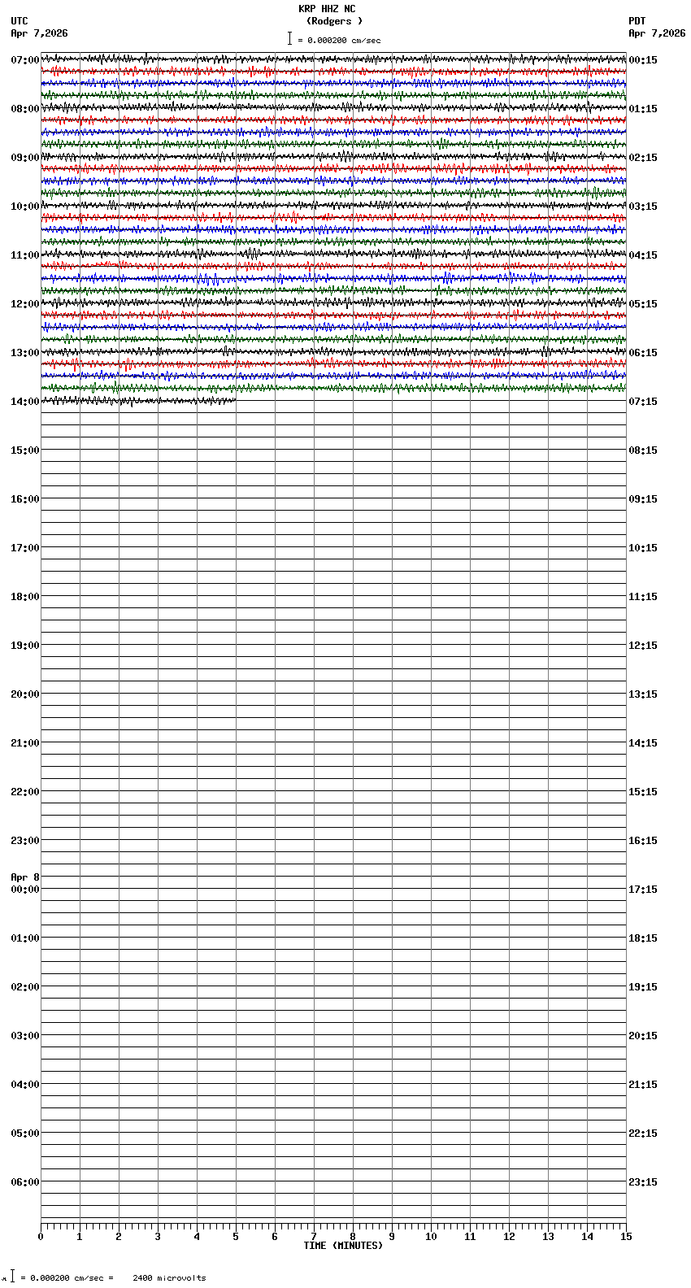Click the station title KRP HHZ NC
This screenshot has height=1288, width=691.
click(327, 9)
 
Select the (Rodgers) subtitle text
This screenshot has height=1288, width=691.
click(334, 21)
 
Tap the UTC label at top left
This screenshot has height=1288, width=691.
click(20, 21)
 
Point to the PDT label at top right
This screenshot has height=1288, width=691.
click(637, 21)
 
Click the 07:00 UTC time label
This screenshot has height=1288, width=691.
click(24, 60)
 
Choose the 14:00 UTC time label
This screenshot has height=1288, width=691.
click(24, 402)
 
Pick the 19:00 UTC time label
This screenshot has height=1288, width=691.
click(24, 646)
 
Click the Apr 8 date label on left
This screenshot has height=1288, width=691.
click(25, 877)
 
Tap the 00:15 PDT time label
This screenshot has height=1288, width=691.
click(643, 60)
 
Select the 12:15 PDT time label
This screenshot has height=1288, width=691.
click(643, 646)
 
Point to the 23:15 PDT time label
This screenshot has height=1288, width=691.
click(643, 1182)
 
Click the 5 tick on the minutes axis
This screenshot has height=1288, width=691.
click(236, 1237)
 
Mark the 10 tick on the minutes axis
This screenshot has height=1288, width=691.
click(431, 1237)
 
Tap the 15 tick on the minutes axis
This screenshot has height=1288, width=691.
click(626, 1237)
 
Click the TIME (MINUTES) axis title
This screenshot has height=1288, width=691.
click(343, 1246)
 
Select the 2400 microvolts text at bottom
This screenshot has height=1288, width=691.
click(169, 1278)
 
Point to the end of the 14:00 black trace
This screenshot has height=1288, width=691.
click(235, 400)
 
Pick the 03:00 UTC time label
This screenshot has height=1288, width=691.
click(24, 1036)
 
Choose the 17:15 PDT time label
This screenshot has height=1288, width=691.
click(643, 890)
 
